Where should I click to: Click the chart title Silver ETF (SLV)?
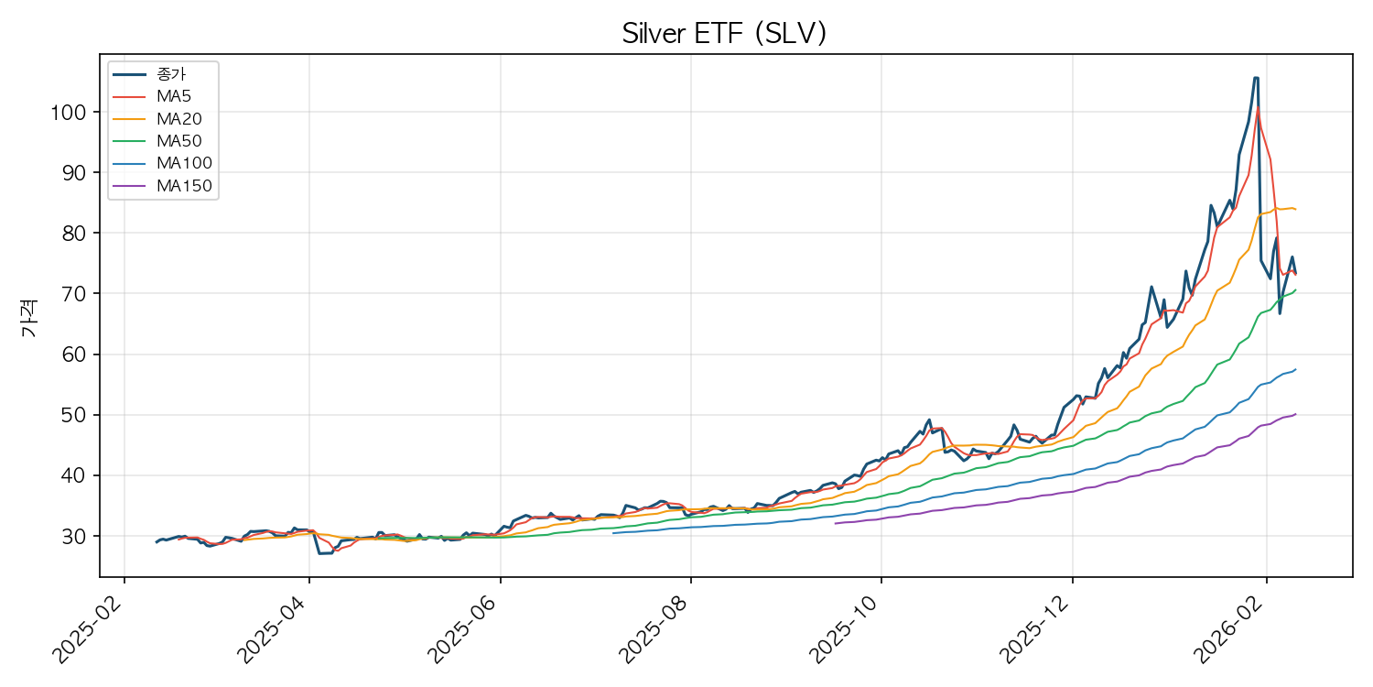click(724, 34)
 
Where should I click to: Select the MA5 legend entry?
click(174, 96)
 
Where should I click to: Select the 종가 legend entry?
click(172, 74)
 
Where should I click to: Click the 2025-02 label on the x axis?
click(90, 628)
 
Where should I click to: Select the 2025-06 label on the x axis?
click(465, 628)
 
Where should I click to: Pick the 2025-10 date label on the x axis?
click(847, 628)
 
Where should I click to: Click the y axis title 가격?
click(29, 321)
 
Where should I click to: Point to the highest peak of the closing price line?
click(1255, 78)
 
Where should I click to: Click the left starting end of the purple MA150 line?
click(835, 523)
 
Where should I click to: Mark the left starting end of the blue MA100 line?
click(613, 533)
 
